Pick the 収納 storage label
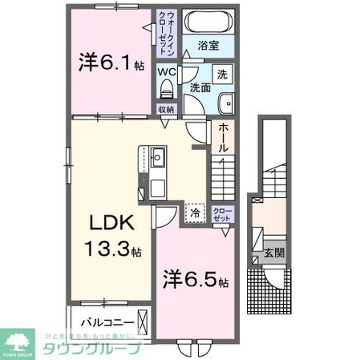165,110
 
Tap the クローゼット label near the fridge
220,214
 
